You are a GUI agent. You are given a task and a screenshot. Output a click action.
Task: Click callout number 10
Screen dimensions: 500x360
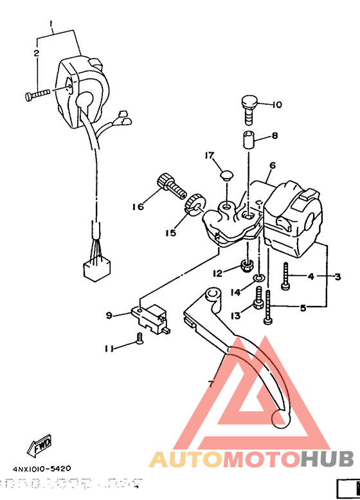(x=276, y=105)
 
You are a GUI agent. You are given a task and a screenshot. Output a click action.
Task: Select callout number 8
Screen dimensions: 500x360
(x=274, y=136)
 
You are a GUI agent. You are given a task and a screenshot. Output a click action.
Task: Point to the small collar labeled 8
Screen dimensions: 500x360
(x=249, y=138)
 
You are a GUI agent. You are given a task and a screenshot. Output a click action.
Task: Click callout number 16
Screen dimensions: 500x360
(x=137, y=207)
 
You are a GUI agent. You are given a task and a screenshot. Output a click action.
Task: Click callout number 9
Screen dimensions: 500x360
(x=109, y=315)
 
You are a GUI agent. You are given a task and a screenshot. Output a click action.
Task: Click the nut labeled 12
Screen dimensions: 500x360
(x=246, y=265)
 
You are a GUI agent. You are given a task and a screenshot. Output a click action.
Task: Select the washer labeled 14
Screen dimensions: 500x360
(x=257, y=278)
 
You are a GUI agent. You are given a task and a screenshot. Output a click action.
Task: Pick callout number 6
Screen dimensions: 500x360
(x=272, y=165)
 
